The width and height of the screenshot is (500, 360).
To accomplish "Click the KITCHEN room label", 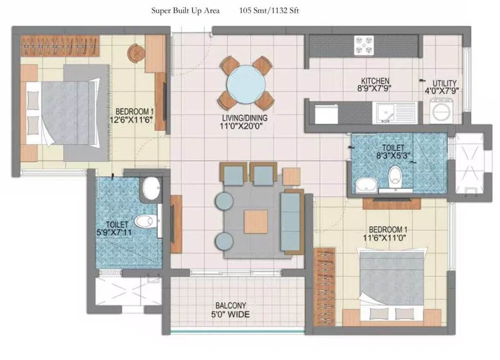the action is pyautogui.click(x=375, y=81).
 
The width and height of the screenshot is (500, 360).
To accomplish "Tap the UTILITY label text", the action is pyautogui.click(x=444, y=83).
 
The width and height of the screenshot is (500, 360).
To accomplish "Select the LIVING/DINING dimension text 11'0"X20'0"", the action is pyautogui.click(x=241, y=127).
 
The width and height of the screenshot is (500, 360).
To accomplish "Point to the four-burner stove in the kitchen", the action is pyautogui.click(x=364, y=45).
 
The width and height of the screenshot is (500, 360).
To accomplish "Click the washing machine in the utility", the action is pyautogui.click(x=441, y=111).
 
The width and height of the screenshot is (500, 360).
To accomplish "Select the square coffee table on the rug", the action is pyautogui.click(x=256, y=222).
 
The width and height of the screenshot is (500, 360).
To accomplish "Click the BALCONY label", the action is pyautogui.click(x=230, y=306).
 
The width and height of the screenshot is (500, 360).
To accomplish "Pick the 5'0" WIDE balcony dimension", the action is pyautogui.click(x=230, y=315).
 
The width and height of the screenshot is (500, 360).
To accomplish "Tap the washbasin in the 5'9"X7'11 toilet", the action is pyautogui.click(x=151, y=188).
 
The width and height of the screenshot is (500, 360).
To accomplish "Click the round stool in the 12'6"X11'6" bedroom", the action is pyautogui.click(x=136, y=53).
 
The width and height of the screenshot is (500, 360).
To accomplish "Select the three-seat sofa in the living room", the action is pyautogui.click(x=292, y=222).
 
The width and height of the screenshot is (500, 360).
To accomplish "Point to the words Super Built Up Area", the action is pyautogui.click(x=185, y=11).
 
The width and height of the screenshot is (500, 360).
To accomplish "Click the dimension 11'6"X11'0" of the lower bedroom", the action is pyautogui.click(x=384, y=238).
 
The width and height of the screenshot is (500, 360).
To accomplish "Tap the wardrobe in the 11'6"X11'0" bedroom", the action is pyautogui.click(x=324, y=287).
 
